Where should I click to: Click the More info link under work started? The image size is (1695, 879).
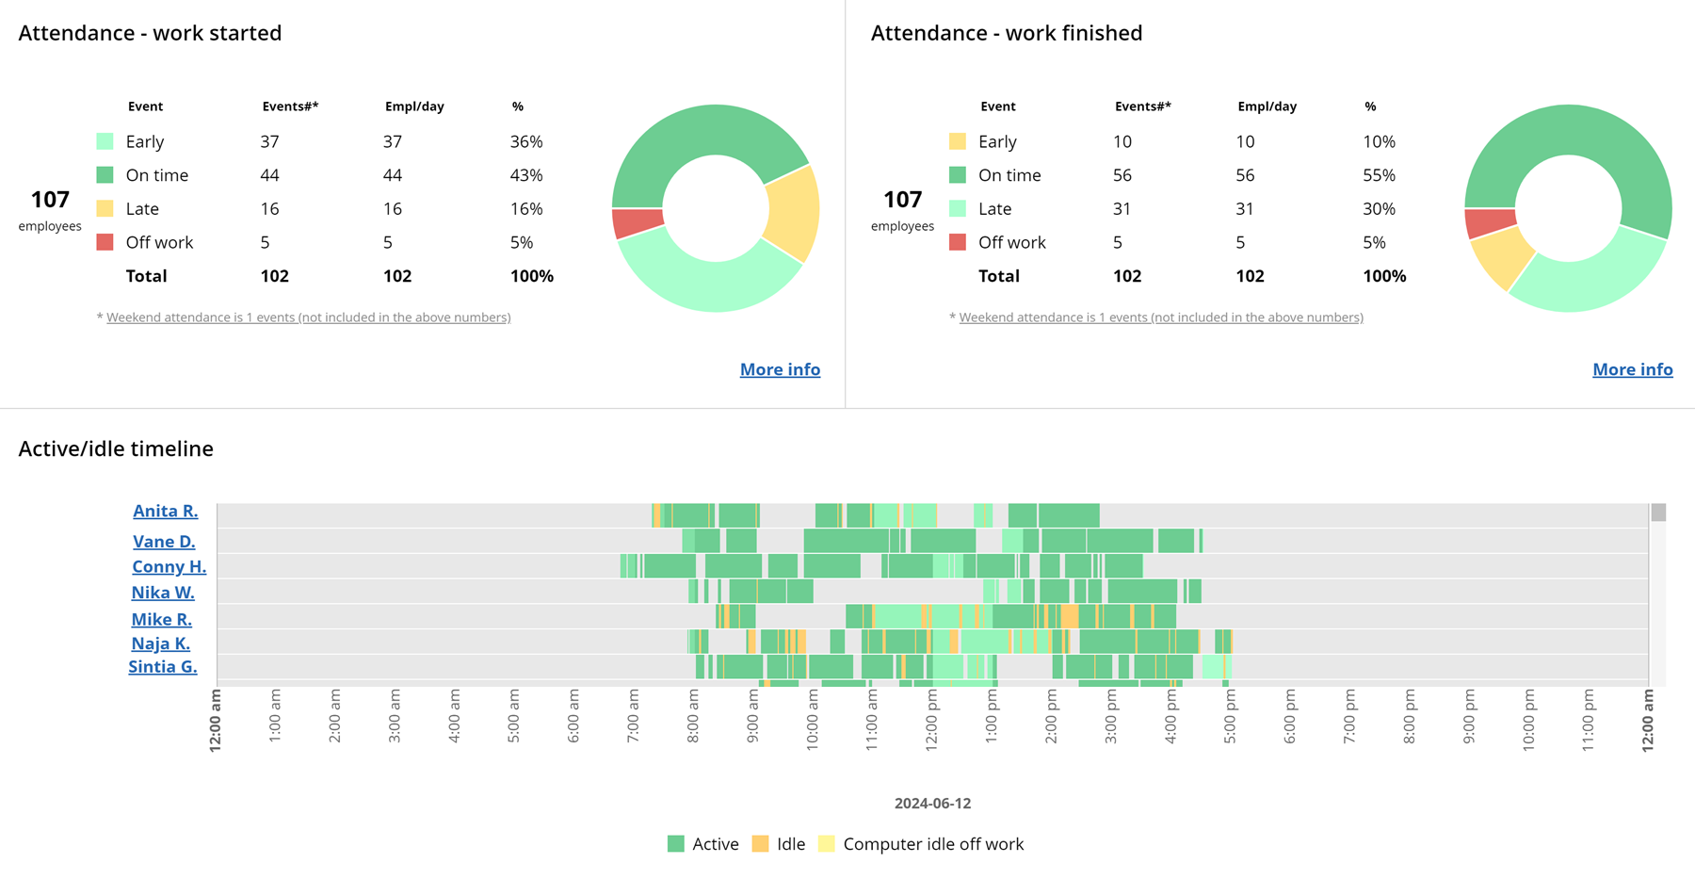tap(780, 369)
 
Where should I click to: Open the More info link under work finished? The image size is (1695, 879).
tap(1632, 369)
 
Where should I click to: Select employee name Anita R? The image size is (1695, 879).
tap(165, 511)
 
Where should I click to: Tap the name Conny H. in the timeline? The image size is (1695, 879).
tap(169, 566)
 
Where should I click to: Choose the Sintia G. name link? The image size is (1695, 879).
tap(163, 666)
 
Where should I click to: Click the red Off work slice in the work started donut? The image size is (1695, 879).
tap(637, 222)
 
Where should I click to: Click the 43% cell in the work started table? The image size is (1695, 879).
tap(526, 175)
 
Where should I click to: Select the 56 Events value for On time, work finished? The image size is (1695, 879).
tap(1122, 175)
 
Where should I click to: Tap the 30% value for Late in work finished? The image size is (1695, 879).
tap(1379, 209)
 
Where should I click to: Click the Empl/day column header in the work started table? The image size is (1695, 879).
tap(414, 106)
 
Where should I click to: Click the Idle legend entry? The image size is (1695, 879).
tap(779, 844)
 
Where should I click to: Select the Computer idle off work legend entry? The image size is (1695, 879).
tap(921, 844)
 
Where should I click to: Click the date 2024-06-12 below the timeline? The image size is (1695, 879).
tap(932, 804)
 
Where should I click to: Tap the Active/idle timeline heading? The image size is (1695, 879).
tap(116, 448)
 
